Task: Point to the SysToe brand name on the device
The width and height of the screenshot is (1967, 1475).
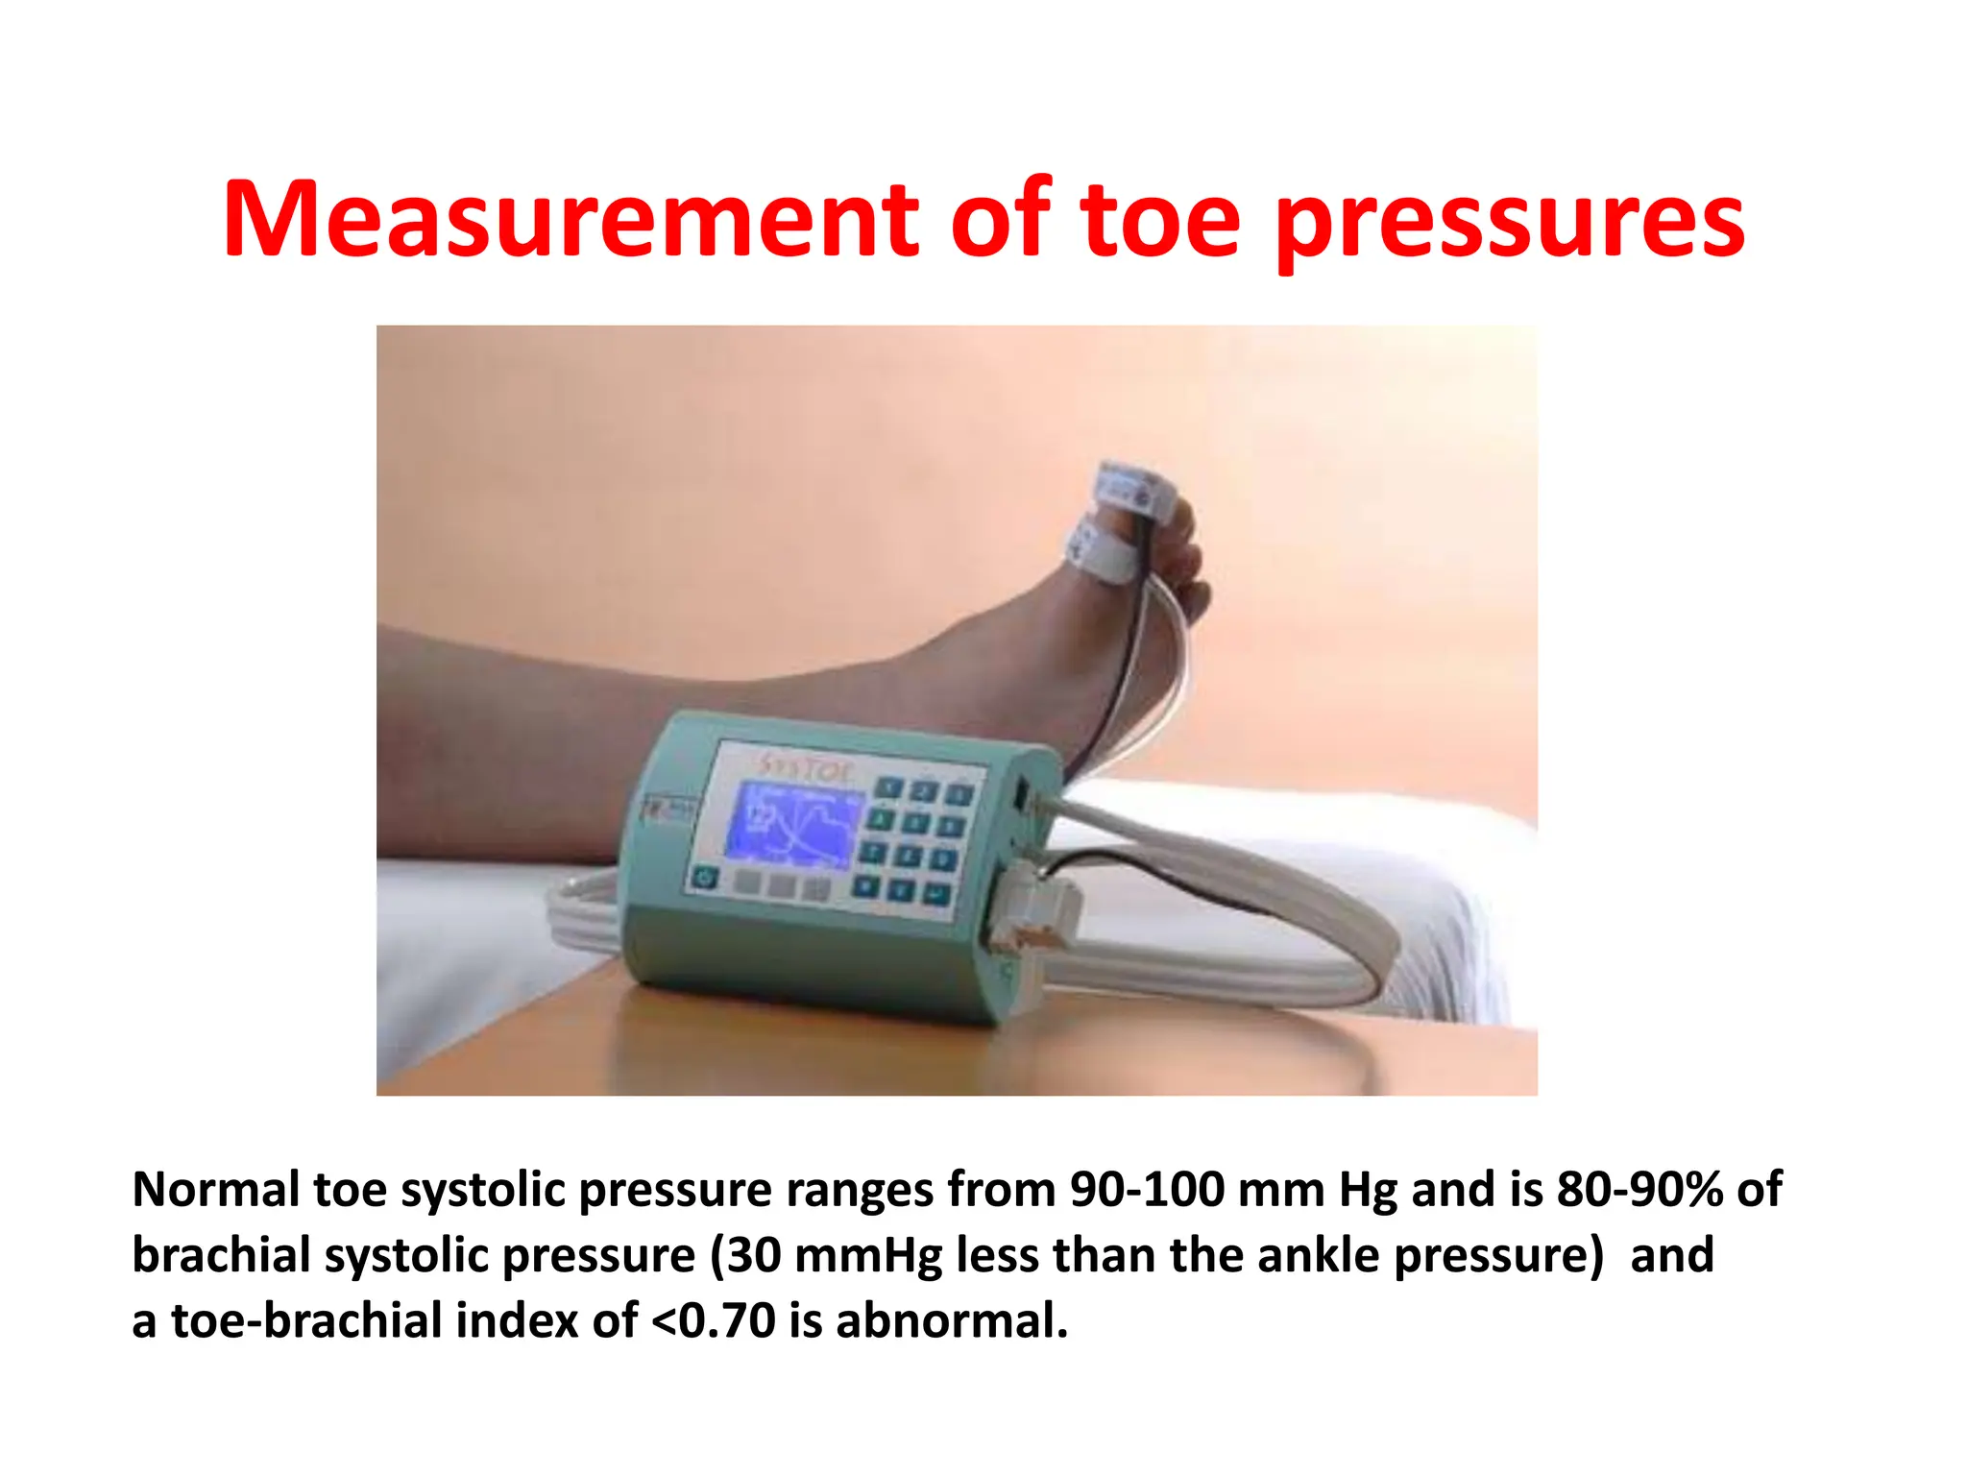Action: (804, 765)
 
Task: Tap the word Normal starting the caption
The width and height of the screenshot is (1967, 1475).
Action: (216, 1190)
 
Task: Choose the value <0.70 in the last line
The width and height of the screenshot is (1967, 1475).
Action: (713, 1321)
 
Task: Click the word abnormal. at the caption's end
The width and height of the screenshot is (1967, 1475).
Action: (952, 1321)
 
